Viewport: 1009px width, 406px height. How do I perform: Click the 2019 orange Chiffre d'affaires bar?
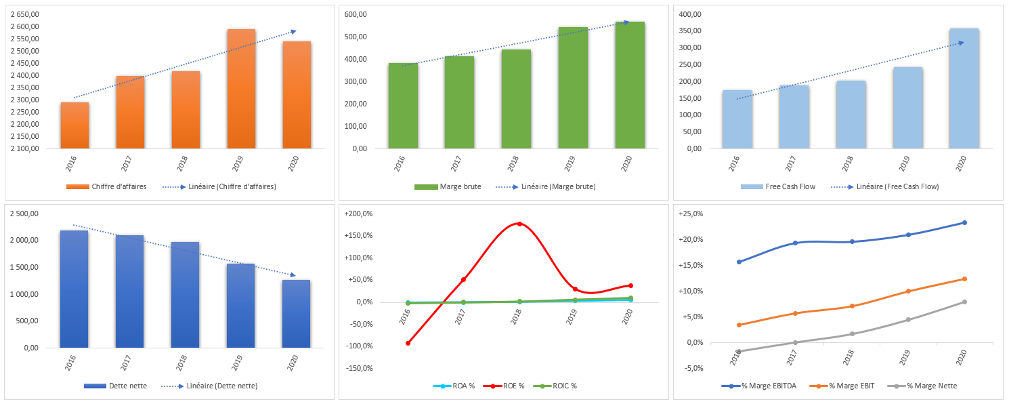click(241, 88)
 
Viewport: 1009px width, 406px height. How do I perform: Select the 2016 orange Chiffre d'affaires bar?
click(74, 125)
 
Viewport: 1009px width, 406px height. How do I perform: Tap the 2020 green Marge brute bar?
click(630, 85)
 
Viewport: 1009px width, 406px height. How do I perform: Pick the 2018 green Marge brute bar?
click(516, 99)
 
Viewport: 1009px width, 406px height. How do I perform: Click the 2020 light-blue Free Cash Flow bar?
click(963, 88)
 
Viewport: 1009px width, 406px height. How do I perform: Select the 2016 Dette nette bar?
click(74, 289)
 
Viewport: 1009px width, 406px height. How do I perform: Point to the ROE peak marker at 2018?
click(519, 224)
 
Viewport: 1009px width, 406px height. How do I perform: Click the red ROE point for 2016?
click(408, 343)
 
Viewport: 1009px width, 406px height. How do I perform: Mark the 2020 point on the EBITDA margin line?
click(964, 222)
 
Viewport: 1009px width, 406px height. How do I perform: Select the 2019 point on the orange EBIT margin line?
click(908, 291)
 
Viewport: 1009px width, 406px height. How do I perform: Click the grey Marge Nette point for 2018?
click(852, 333)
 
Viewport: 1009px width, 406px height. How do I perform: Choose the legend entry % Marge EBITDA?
click(763, 386)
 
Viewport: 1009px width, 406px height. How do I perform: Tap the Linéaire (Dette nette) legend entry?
click(211, 386)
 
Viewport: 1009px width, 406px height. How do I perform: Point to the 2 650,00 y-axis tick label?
click(24, 14)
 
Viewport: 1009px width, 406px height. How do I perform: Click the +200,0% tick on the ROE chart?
click(358, 214)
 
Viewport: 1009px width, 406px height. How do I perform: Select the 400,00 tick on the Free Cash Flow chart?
click(693, 14)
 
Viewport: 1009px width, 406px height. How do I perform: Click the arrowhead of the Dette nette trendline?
click(293, 275)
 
